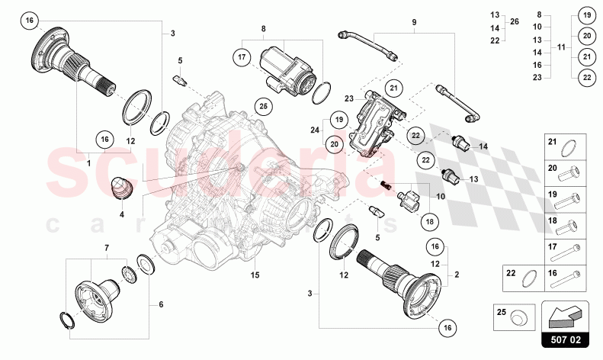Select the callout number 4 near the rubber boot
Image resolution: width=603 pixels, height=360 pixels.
pos(121,215)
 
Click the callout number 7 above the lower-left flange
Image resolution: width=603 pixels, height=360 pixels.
pos(106,248)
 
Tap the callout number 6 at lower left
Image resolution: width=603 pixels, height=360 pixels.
pos(161,304)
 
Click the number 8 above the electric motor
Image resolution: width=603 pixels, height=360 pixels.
pos(263,29)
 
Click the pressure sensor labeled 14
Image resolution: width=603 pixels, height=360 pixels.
pos(459,143)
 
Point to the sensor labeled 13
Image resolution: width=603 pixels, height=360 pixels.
pos(457,178)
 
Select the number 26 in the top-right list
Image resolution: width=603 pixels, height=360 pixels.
pos(514,21)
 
